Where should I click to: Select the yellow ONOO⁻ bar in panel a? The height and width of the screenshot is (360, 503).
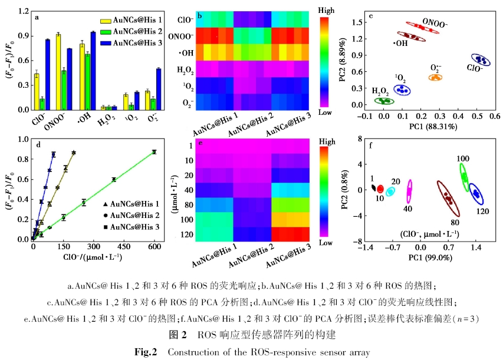(x=58, y=72)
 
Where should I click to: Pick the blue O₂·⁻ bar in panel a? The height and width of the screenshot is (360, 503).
(x=158, y=89)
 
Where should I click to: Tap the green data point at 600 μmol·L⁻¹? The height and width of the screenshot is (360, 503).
(x=154, y=151)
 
